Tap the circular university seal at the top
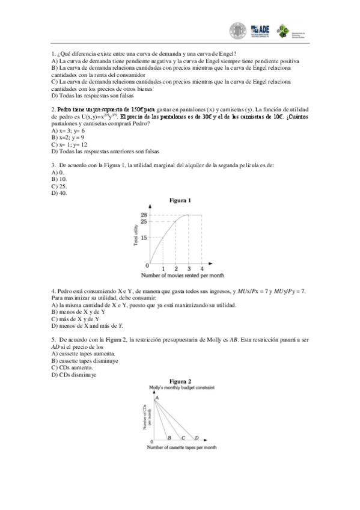238,30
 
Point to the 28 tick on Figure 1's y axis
144,215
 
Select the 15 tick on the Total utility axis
144,238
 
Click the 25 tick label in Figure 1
144,221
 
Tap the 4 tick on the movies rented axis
201,268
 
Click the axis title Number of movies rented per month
180,275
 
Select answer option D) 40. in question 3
59,194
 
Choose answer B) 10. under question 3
59,179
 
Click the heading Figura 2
180,381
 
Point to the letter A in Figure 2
157,398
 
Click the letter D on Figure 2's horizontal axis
198,437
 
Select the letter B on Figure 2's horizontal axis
169,437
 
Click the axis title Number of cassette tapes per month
182,448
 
